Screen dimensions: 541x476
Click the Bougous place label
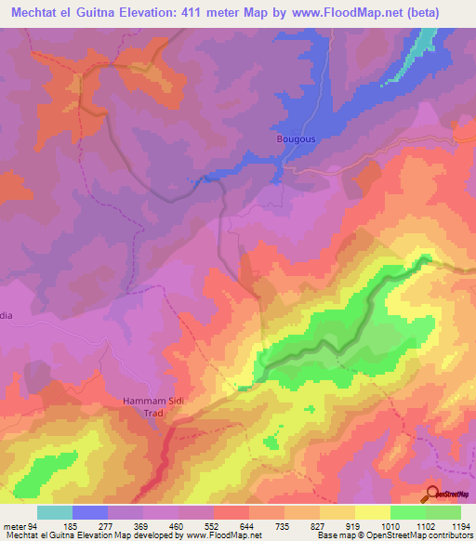point(297,139)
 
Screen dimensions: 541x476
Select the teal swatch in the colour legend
point(55,512)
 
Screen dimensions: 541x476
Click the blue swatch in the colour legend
point(90,512)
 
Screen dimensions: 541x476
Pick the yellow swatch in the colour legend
point(372,512)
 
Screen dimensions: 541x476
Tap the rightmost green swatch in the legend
point(443,512)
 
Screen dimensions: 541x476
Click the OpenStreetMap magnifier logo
point(433,494)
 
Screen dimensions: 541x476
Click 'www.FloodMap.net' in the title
point(335,13)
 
